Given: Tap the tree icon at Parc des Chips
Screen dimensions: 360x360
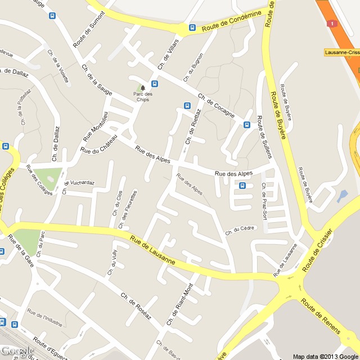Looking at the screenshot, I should pyautogui.click(x=143, y=87).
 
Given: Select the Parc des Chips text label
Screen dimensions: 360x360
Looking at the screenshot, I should pyautogui.click(x=143, y=97).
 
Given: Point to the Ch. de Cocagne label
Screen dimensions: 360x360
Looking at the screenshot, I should pyautogui.click(x=216, y=106).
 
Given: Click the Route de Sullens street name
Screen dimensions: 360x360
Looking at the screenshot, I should pyautogui.click(x=260, y=130).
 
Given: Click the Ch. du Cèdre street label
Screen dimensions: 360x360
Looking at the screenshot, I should pyautogui.click(x=240, y=230).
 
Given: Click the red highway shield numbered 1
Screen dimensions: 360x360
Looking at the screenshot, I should pyautogui.click(x=332, y=24).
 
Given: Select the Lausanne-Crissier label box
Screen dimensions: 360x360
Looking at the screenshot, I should pyautogui.click(x=343, y=52).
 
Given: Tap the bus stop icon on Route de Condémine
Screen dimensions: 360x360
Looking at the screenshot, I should pyautogui.click(x=192, y=27).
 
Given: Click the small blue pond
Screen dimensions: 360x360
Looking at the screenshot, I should pyautogui.click(x=342, y=196).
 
